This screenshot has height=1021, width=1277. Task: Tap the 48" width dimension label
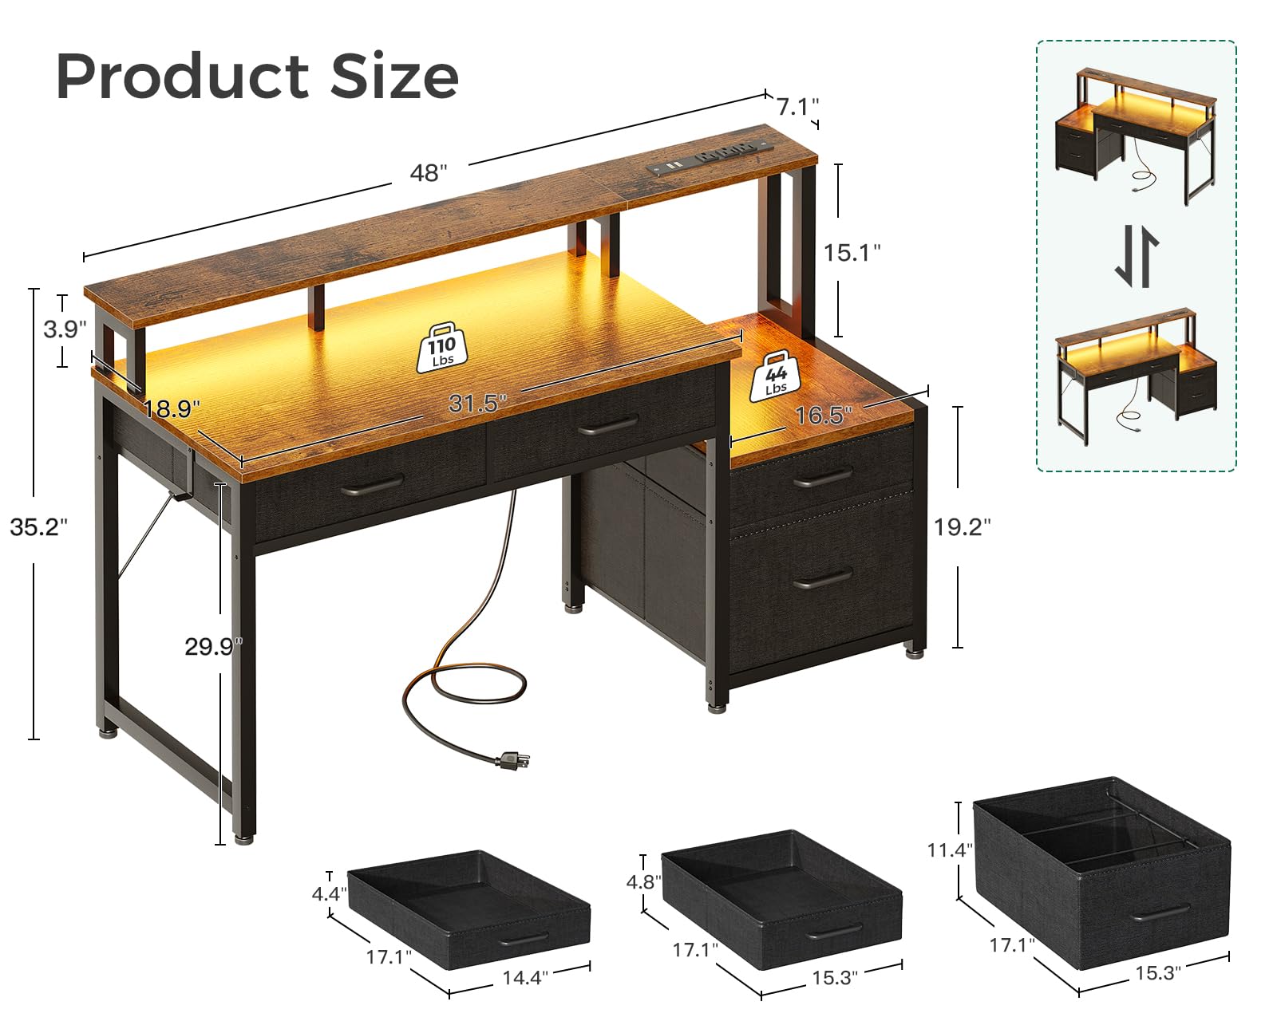click(x=429, y=172)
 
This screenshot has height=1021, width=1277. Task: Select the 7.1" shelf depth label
click(x=797, y=107)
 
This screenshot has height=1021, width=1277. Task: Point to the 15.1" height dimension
click(x=852, y=253)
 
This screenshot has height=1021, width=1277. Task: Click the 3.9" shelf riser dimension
click(x=65, y=329)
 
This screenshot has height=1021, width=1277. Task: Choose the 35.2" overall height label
click(x=39, y=526)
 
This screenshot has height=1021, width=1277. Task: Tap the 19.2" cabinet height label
click(x=963, y=526)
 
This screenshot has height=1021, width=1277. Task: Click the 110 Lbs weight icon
click(x=442, y=349)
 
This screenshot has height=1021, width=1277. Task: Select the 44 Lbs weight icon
click(x=776, y=376)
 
